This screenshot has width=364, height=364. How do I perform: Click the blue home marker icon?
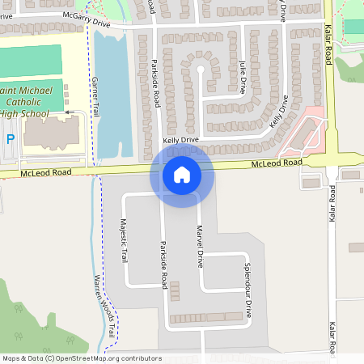(182, 174)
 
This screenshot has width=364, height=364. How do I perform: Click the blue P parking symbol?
(10, 139)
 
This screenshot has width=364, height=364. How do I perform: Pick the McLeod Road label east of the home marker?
(277, 163)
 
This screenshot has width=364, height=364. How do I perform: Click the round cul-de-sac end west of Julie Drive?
(201, 70)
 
